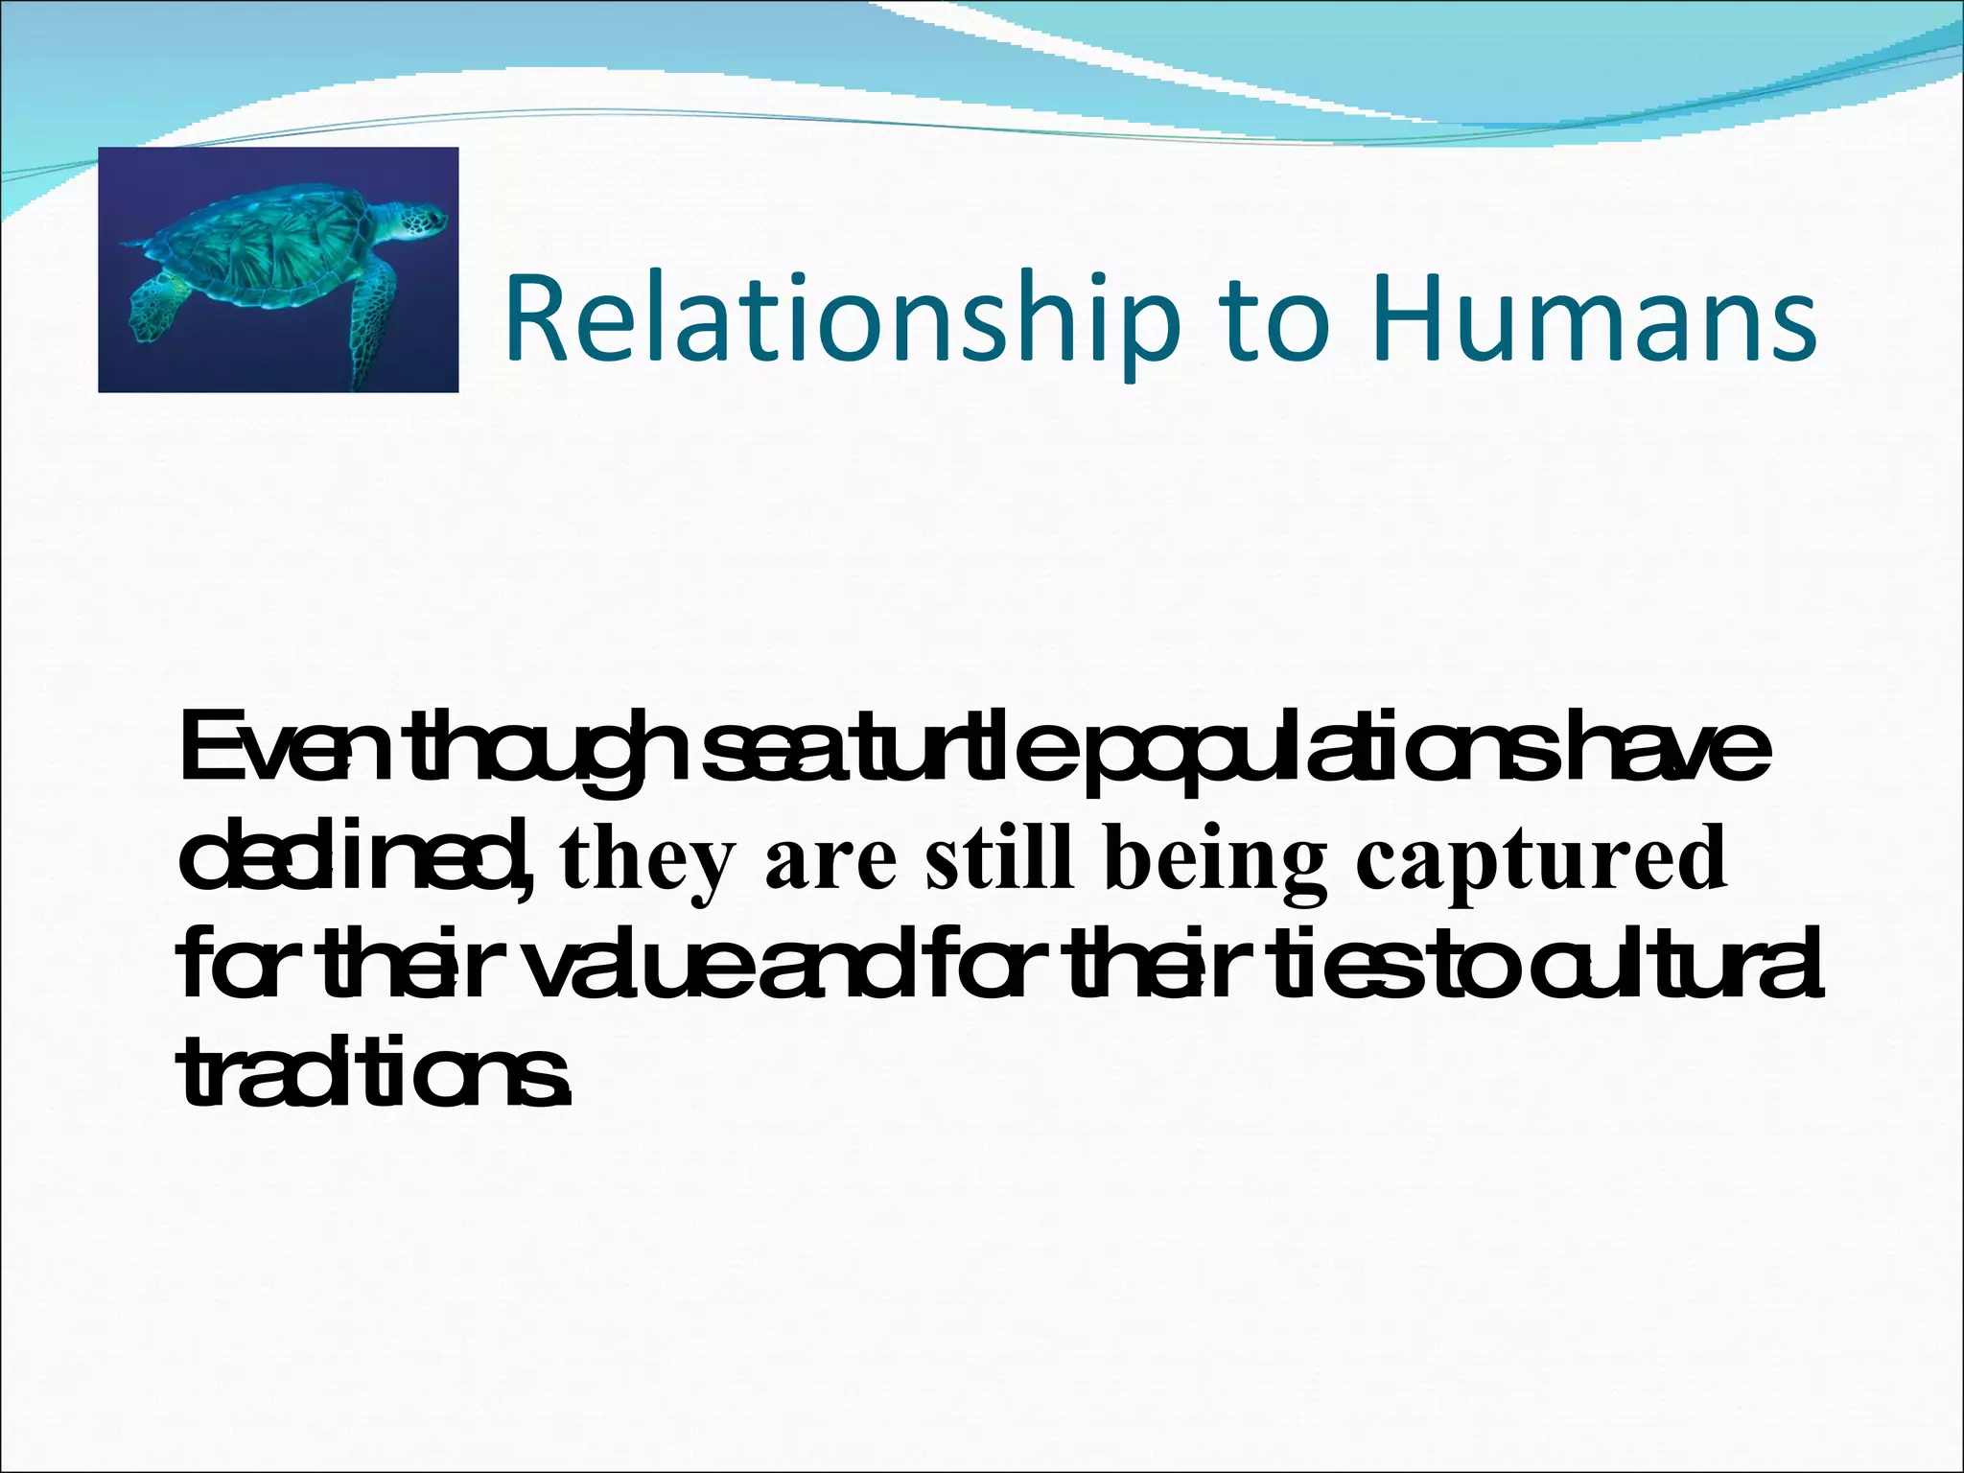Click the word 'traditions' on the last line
pos(374,1072)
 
